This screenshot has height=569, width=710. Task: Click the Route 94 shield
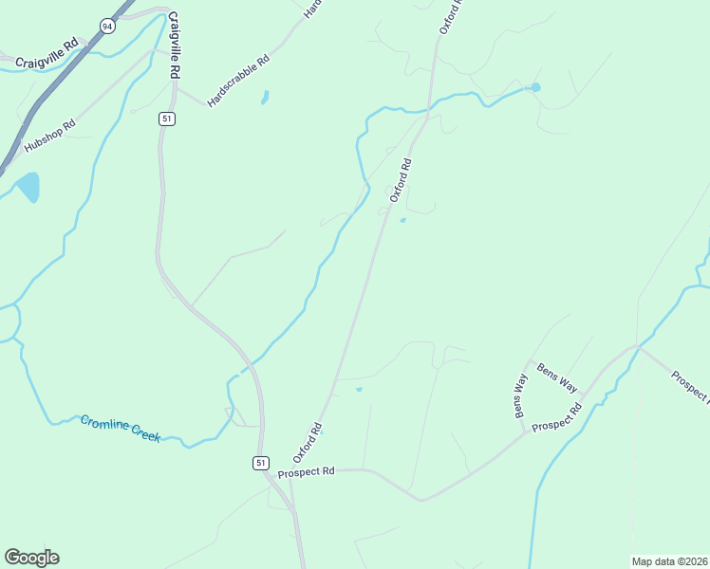[x=108, y=26]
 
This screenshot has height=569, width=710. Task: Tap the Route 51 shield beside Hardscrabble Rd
[x=166, y=119]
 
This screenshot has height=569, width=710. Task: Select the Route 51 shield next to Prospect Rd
[x=260, y=462]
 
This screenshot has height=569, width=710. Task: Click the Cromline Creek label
[x=120, y=428]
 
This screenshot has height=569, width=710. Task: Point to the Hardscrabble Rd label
[x=238, y=81]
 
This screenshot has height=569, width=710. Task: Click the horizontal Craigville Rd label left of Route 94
[x=47, y=55]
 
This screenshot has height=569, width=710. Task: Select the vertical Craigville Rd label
[x=175, y=46]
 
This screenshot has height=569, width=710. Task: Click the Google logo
[x=31, y=558]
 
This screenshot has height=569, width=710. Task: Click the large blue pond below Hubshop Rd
[x=28, y=186]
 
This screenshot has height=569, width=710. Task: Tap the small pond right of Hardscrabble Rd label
[x=265, y=97]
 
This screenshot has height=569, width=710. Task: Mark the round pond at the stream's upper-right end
[x=535, y=87]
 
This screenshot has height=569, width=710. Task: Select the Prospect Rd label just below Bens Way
[x=556, y=420]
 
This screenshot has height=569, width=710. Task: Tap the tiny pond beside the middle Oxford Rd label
[x=402, y=221]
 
